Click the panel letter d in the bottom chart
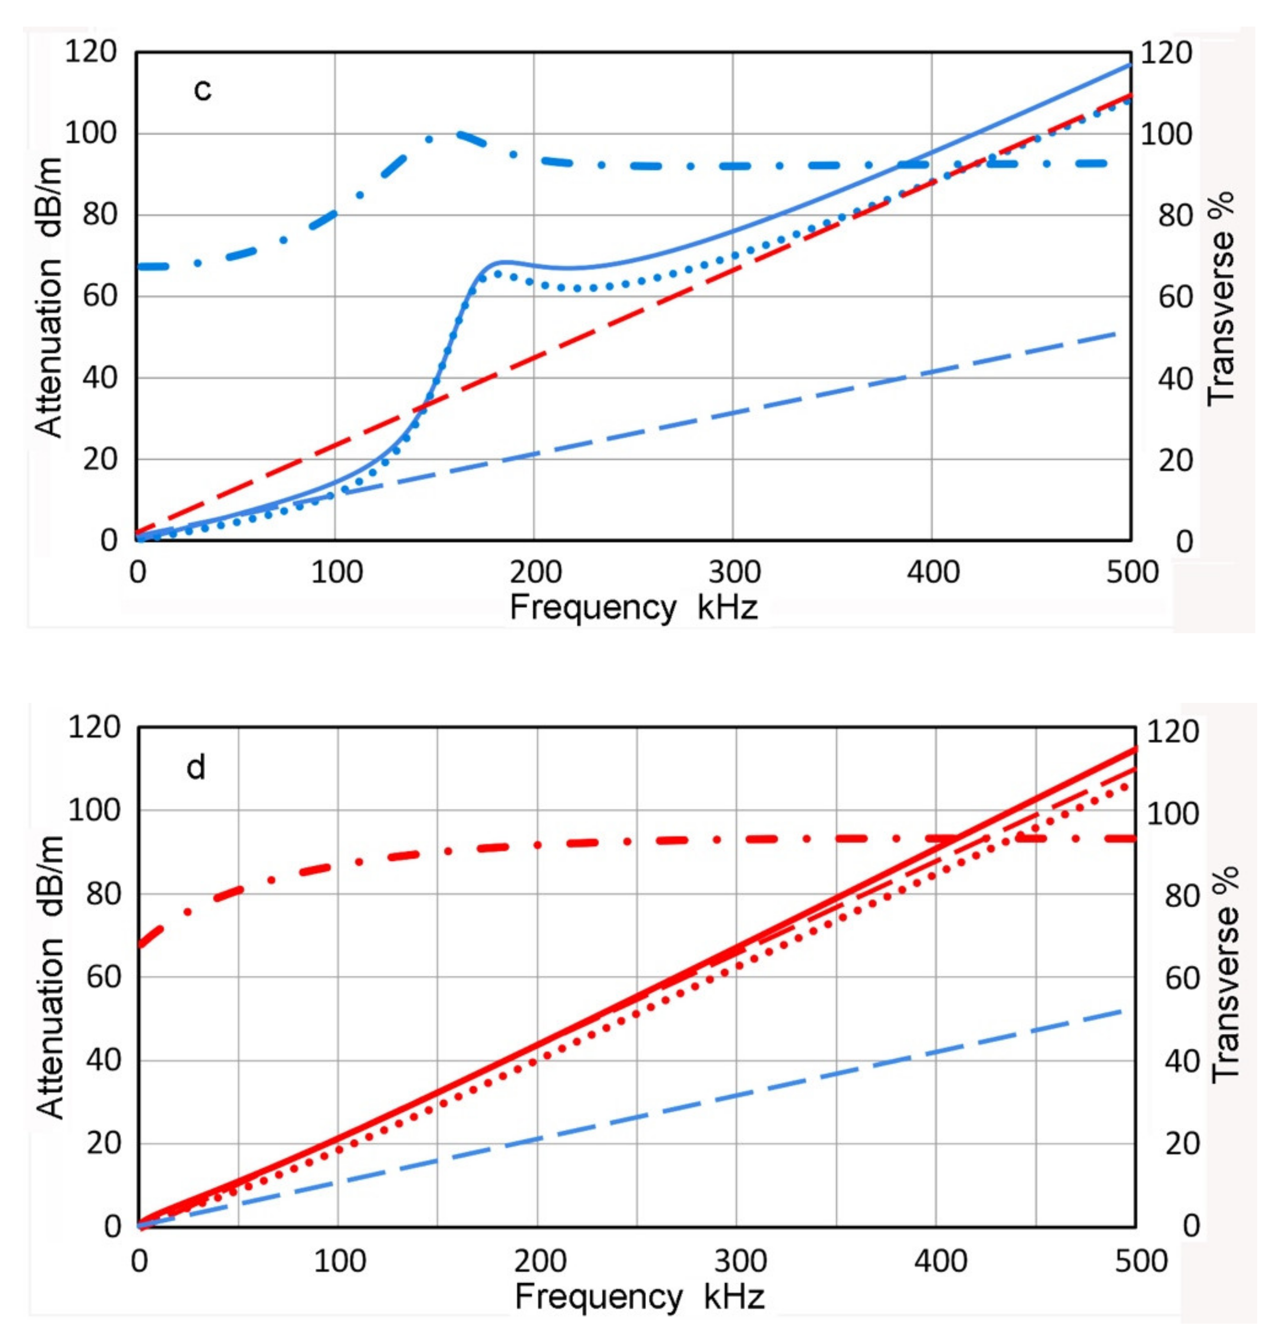pos(196,768)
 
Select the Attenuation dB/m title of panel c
pos(49,297)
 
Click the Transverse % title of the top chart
pos(1221,298)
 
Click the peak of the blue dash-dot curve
pos(454,134)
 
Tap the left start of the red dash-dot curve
pos(140,944)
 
